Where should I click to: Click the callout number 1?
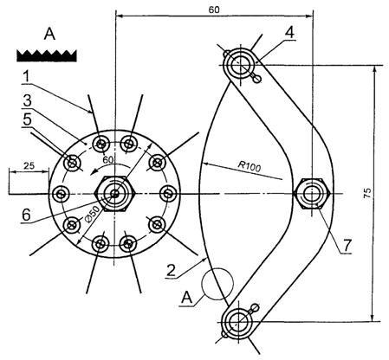[x=27, y=76]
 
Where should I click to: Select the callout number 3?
[x=27, y=101]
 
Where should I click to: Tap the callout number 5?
[x=27, y=119]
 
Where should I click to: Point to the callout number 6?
[x=26, y=215]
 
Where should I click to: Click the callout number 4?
[x=289, y=33]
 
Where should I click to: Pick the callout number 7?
[x=347, y=245]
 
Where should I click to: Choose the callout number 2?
[x=171, y=271]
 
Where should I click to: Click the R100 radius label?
[x=250, y=166]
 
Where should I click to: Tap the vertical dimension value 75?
[x=367, y=193]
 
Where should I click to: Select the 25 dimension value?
[x=29, y=165]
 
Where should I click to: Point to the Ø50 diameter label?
[x=93, y=215]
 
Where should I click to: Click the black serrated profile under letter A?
[x=47, y=55]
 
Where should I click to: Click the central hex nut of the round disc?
[x=115, y=194]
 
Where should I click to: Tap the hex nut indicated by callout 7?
[x=312, y=194]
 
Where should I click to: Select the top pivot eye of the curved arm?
[x=240, y=64]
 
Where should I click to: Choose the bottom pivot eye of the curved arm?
[x=238, y=322]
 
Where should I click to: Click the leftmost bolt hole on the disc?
[x=61, y=194]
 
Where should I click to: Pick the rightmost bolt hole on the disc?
[x=168, y=194]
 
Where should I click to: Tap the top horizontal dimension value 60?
[x=214, y=10]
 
